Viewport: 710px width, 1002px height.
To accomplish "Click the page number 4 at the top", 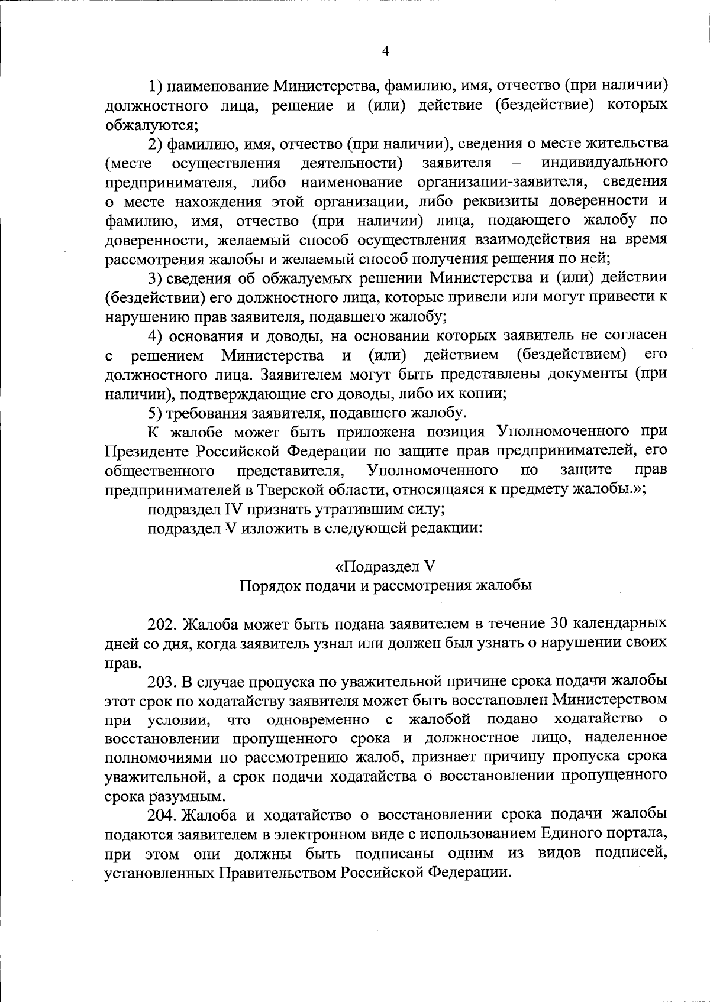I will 385,51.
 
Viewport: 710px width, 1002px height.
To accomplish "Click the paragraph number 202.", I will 163,624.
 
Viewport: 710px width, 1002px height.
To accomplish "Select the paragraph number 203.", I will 163,681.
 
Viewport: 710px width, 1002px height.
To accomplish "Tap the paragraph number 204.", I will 163,815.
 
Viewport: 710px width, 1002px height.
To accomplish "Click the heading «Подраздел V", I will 385,566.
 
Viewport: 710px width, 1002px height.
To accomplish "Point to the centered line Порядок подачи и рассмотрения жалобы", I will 385,586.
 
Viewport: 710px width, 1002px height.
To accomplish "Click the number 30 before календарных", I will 561,624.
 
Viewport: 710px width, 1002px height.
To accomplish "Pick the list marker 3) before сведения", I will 156,278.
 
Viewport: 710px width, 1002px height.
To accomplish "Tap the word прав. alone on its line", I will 119,663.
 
